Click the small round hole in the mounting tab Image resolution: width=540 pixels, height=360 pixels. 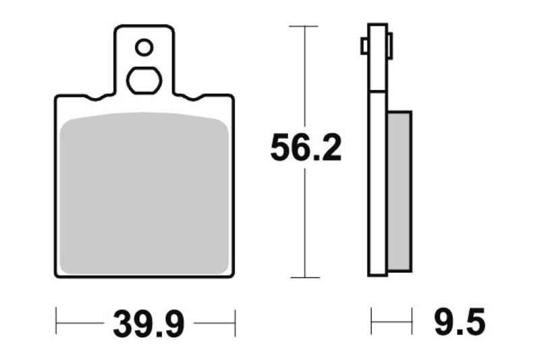click(x=144, y=47)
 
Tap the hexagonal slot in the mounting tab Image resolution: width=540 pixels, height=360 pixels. click(x=144, y=80)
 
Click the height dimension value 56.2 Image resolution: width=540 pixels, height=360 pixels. click(x=306, y=149)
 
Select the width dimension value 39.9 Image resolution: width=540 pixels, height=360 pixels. click(x=148, y=324)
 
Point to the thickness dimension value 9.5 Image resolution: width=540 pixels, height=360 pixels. click(x=459, y=324)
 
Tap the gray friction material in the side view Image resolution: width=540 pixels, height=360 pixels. click(x=399, y=191)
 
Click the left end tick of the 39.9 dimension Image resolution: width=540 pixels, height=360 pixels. click(x=56, y=324)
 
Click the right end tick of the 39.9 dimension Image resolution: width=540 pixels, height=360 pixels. click(x=234, y=324)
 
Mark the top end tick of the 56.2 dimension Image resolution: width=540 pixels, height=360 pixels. click(x=304, y=26)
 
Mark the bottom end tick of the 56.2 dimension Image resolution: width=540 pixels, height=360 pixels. click(x=304, y=277)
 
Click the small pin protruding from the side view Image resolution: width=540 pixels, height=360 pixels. click(x=364, y=47)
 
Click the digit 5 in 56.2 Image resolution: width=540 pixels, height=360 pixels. click(x=281, y=149)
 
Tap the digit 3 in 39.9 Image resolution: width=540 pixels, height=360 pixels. click(x=124, y=324)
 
